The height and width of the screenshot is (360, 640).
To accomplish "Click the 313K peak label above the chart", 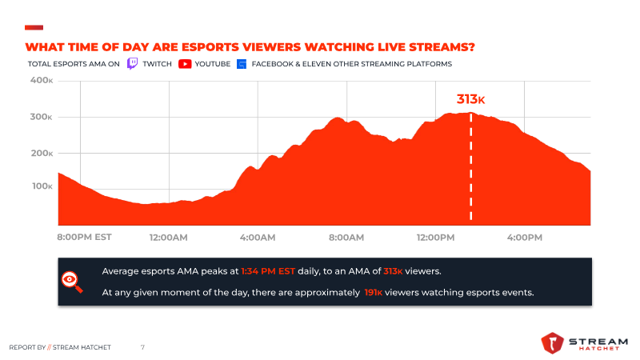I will coord(470,99).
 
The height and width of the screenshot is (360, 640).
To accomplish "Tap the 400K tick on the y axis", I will coord(42,81).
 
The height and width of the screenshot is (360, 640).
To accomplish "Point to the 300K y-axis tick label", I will coord(42,117).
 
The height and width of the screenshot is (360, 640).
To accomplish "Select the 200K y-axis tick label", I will coord(42,153).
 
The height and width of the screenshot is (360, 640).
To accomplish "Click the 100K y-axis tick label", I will coord(42,186).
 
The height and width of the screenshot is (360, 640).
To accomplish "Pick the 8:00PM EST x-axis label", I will coord(83,238).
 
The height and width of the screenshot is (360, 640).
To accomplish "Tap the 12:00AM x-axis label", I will coord(168,238).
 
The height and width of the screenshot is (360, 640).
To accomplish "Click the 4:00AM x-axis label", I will coord(257,238).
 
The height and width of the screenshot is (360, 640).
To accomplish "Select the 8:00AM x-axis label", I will coord(346,238).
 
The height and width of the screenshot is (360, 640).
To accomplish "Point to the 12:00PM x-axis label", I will coord(435,238).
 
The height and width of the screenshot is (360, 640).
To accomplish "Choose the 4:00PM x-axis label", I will coord(525,238).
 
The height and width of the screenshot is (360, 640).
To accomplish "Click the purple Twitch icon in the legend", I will coord(133,63).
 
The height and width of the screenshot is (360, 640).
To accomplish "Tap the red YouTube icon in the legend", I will coord(185,63).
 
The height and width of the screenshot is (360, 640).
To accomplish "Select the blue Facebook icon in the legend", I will coord(241,63).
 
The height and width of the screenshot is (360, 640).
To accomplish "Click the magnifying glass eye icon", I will coord(72,280).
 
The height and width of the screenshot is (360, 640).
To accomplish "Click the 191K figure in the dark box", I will coord(372,293).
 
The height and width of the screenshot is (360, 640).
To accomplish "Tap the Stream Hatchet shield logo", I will coord(553,342).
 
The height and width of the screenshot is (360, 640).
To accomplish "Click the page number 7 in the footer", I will coord(142,347).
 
